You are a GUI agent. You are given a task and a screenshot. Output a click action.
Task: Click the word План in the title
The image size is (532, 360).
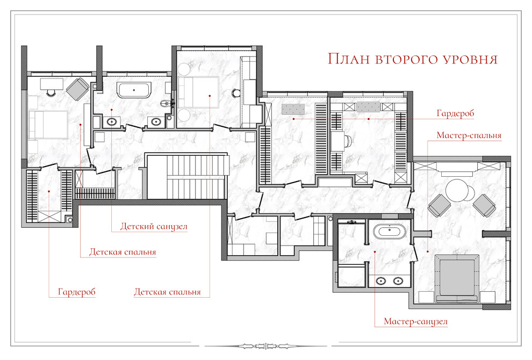pyautogui.click(x=349, y=59)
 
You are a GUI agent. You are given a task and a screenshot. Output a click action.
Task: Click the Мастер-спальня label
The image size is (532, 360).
pyautogui.click(x=469, y=135)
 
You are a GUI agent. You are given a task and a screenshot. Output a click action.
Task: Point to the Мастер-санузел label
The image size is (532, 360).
pyautogui.click(x=415, y=321)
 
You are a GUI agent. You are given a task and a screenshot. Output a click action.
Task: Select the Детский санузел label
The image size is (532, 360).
pyautogui.click(x=154, y=226)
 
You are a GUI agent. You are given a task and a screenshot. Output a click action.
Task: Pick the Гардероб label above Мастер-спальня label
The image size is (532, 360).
pyautogui.click(x=455, y=113)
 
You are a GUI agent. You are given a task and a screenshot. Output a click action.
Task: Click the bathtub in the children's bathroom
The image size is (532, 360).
pyautogui.click(x=134, y=90)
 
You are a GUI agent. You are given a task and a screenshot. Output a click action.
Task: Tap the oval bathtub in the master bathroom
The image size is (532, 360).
pyautogui.click(x=389, y=231)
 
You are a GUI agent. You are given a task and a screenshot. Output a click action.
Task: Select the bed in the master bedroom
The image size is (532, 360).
pyautogui.click(x=457, y=278)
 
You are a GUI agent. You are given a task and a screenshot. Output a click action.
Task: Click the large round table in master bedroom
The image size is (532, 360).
pyautogui.click(x=457, y=190)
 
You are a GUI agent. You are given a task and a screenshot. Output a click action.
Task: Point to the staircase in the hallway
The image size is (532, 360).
pyautogui.click(x=186, y=176)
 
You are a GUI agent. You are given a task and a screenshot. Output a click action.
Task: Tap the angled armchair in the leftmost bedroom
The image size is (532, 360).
pyautogui.click(x=78, y=89)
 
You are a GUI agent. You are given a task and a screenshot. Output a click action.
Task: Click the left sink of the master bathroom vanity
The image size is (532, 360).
pyautogui.click(x=381, y=281)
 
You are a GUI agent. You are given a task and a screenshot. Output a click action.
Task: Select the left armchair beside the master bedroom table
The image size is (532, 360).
pyautogui.click(x=440, y=205)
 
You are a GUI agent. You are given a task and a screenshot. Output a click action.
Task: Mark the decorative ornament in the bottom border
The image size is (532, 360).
pyautogui.click(x=266, y=347)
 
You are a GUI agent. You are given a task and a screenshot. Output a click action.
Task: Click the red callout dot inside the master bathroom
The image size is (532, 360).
pyautogui.click(x=375, y=251)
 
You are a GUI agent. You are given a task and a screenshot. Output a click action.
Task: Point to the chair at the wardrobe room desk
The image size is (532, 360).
pyautogui.click(x=348, y=140)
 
